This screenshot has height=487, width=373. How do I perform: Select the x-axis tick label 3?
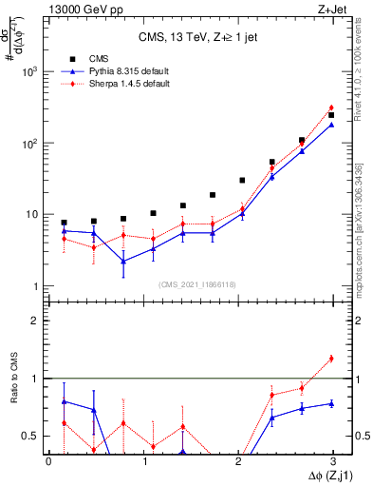pos(333,460)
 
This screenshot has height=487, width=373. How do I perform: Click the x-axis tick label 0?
pos(49,460)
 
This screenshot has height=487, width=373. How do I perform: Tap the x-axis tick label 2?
pos(238,460)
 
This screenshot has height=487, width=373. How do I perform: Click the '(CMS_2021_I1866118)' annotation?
pos(198,283)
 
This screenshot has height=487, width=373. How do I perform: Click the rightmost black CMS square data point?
pos(331,115)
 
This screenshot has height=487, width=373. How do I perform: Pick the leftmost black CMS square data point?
pos(64,223)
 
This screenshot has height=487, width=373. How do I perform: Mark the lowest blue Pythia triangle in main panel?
pos(123,261)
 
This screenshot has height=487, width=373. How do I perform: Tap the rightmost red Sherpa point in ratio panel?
pos(331,359)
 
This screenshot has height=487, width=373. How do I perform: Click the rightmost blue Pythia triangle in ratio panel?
pos(331,403)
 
